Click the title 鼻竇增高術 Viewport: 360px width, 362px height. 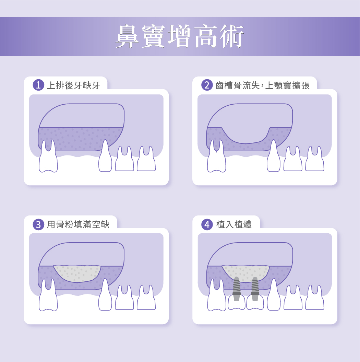tap(180, 36)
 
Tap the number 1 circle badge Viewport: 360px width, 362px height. tap(38, 85)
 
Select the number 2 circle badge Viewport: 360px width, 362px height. tap(207, 85)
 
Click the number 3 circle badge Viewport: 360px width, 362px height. tap(38, 224)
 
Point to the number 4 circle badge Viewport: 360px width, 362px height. tap(207, 224)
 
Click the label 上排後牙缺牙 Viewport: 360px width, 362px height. tap(74, 85)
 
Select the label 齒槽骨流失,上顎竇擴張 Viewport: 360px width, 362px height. tap(262, 85)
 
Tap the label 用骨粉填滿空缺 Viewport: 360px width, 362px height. tap(78, 224)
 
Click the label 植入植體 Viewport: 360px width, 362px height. tap(234, 224)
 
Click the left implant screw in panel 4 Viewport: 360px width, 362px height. tap(236, 289)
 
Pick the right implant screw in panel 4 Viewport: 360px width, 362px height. tap(255, 289)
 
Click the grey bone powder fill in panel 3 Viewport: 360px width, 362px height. tap(77, 273)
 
